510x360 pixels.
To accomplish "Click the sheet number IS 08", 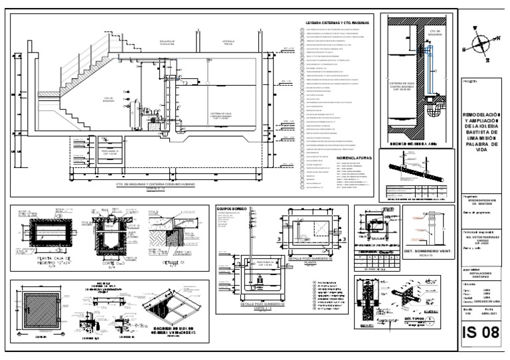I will coord(480,332).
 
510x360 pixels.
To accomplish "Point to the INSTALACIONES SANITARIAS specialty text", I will coord(479,272).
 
